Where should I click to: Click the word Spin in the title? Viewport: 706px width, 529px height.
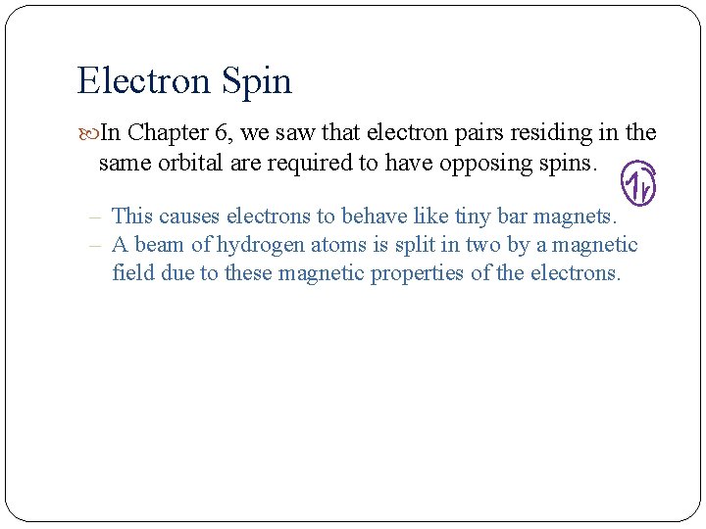(x=257, y=81)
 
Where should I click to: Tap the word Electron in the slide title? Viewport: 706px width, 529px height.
(x=144, y=80)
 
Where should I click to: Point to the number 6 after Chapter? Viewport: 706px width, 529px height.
(x=222, y=132)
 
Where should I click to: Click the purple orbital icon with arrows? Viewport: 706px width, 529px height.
(x=638, y=182)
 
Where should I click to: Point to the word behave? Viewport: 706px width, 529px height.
(x=372, y=216)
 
